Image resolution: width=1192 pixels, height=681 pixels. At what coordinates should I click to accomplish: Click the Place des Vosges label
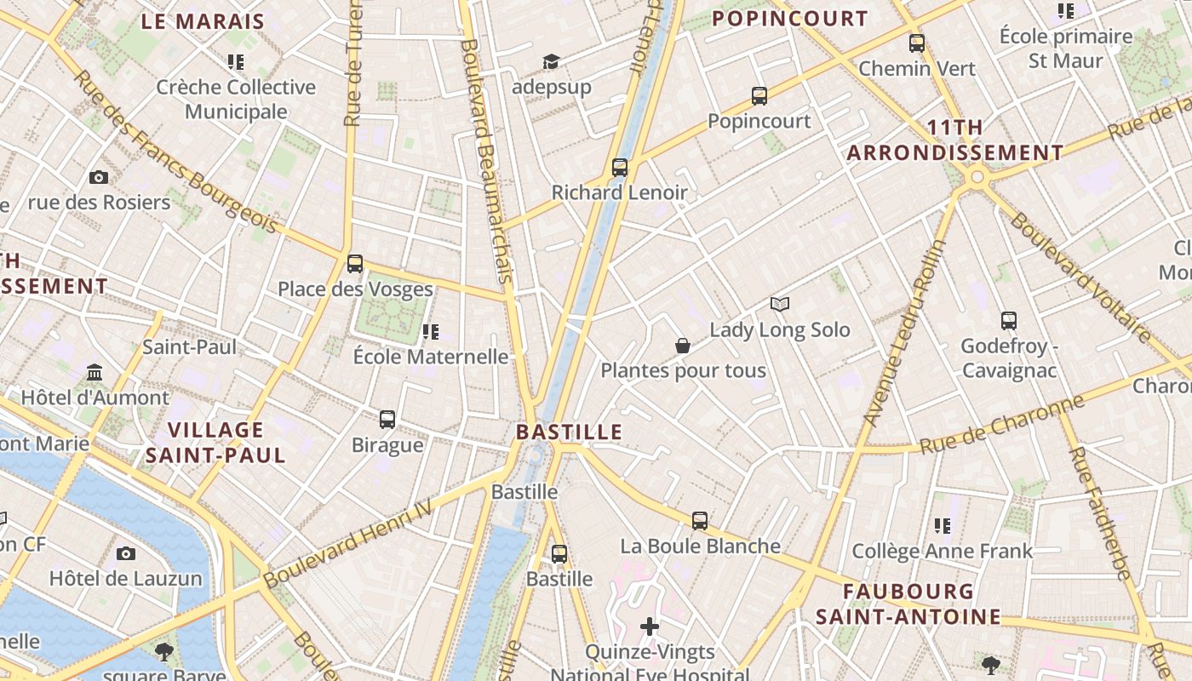coord(355,289)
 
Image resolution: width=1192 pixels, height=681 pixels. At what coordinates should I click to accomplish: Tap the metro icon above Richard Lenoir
coord(620,168)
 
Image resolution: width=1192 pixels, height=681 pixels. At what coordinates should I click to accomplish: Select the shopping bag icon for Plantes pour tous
coord(682,346)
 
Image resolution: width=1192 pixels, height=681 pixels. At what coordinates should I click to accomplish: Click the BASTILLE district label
coord(569,432)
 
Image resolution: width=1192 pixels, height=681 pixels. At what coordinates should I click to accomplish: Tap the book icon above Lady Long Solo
coord(780,304)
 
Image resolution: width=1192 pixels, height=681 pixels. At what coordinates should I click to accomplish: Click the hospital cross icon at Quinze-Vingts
coord(650,627)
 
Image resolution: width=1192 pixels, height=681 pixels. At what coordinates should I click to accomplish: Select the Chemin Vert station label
coord(917,69)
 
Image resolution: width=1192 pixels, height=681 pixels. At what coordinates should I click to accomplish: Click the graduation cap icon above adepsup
coord(551,61)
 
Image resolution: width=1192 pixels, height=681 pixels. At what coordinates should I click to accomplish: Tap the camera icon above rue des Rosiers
coord(99,177)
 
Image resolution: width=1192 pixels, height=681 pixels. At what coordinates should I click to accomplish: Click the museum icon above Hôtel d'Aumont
coord(95,373)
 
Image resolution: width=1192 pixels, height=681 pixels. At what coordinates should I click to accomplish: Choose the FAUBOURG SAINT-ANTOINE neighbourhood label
coord(908,604)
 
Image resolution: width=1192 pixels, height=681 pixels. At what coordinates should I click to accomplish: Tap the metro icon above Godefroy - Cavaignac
coord(1009,321)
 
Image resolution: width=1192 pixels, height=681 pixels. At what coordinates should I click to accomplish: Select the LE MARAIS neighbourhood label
coord(203,21)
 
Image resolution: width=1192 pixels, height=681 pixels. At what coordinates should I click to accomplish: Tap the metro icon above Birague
coord(387,419)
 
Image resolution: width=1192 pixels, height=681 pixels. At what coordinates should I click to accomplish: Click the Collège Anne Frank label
coord(942,552)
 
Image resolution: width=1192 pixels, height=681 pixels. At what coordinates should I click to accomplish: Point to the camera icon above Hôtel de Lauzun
coord(126,554)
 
